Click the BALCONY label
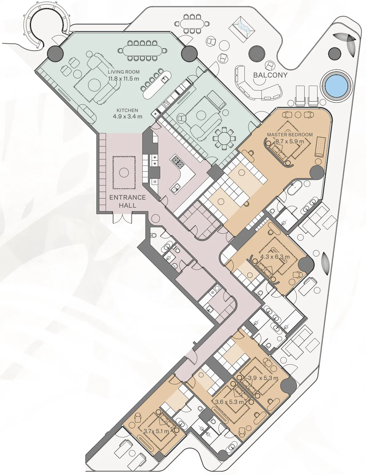[270, 75]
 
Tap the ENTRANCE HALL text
[127, 201]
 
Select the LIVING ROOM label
[123, 72]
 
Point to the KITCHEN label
[127, 110]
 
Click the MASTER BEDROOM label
[290, 134]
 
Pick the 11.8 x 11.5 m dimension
[123, 78]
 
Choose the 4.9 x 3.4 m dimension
[127, 117]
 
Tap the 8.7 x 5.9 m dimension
[290, 142]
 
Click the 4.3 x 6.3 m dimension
[275, 257]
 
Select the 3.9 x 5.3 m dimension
[263, 378]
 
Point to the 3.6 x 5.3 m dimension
[229, 402]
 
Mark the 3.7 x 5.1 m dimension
[156, 431]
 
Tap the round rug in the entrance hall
[124, 172]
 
